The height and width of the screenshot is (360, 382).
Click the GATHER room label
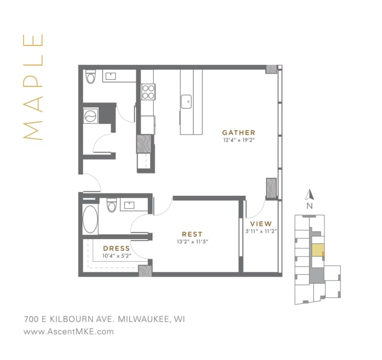click(238, 132)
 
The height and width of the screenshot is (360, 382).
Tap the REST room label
click(192, 234)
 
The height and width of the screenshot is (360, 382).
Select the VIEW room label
click(261, 223)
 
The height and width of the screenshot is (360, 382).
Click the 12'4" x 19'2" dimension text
click(238, 139)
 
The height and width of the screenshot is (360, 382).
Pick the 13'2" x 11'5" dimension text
click(192, 241)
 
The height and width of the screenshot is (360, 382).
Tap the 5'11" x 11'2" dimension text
click(261, 230)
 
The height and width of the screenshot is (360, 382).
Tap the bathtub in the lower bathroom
click(91, 219)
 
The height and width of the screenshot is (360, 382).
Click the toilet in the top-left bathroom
click(91, 77)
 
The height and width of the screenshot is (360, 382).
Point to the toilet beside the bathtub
click(111, 205)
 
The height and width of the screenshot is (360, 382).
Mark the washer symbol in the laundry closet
click(89, 116)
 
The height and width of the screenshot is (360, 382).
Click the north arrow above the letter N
click(308, 194)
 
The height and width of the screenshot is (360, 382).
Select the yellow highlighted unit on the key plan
click(317, 250)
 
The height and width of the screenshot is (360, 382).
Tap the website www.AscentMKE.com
click(69, 331)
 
